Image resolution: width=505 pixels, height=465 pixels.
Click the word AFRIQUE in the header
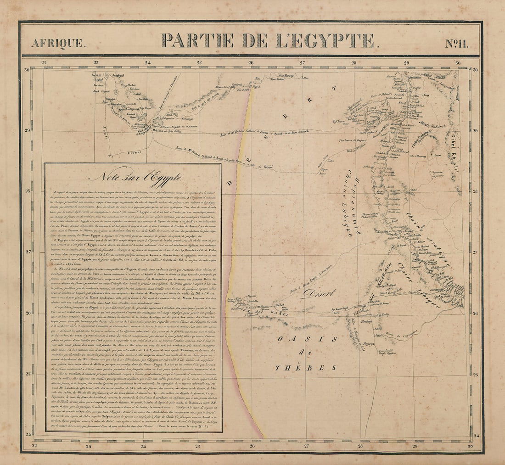click(x=58, y=44)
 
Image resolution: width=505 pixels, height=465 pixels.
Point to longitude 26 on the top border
click(x=251, y=63)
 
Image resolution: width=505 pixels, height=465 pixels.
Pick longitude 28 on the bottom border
click(x=361, y=445)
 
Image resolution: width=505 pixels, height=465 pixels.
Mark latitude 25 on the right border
click(x=476, y=374)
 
